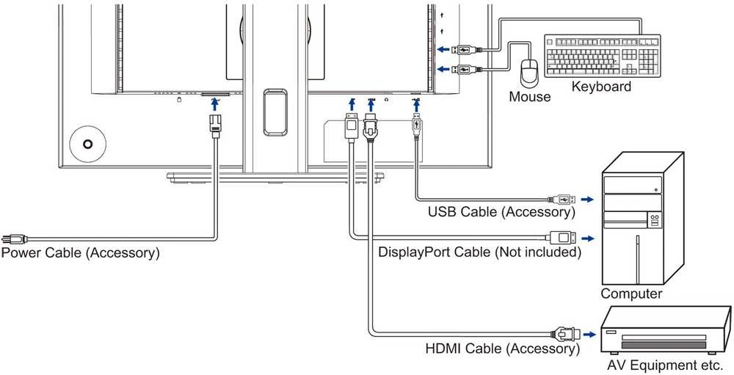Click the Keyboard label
602,87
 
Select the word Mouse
530,97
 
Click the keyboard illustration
603,56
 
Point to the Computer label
631,294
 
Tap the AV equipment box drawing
666,332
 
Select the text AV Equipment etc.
665,365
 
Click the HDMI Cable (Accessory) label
502,349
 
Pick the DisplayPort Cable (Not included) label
480,252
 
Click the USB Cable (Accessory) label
501,211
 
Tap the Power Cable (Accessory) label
80,252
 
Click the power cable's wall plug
14,239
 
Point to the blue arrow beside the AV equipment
589,335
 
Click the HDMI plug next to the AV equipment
566,335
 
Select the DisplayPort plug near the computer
564,238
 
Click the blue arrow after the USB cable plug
587,200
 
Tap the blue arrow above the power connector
214,105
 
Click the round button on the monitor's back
87,144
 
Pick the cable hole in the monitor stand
275,112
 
